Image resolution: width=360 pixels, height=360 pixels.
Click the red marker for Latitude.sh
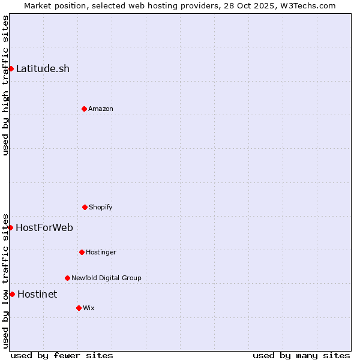(11, 68)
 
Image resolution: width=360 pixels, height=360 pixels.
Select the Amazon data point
(84, 109)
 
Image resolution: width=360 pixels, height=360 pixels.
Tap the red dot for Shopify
(85, 207)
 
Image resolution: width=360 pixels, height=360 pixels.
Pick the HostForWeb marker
(10, 227)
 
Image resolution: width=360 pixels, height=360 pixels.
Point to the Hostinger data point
(82, 252)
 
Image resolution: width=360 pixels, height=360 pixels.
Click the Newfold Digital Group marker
(67, 278)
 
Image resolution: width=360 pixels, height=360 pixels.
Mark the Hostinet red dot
(12, 294)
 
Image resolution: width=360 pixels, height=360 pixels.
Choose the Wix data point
(79, 308)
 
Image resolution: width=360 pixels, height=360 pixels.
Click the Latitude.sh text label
(43, 68)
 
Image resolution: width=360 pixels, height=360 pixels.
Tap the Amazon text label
(101, 109)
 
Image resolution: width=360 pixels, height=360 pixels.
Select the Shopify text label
(101, 207)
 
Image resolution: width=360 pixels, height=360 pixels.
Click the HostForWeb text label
(44, 227)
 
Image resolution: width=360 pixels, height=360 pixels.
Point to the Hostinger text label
(101, 252)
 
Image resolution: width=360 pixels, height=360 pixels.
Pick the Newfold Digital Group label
(106, 278)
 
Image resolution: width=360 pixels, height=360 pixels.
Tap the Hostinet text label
(37, 294)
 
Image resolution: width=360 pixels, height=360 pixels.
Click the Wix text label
(89, 308)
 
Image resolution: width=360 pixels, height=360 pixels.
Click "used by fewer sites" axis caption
(62, 355)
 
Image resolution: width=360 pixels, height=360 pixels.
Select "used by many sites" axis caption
(301, 355)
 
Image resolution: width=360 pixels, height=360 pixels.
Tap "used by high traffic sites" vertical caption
(5, 85)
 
